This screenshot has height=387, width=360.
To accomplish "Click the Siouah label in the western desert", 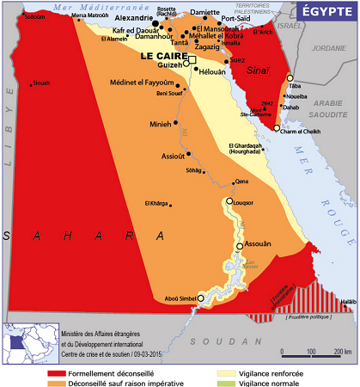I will click(x=42, y=83).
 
